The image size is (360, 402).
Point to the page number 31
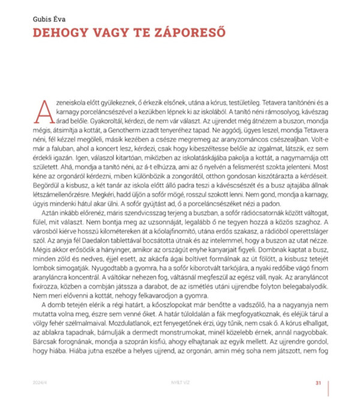coord(319,383)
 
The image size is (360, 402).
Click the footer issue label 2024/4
coord(43,383)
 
